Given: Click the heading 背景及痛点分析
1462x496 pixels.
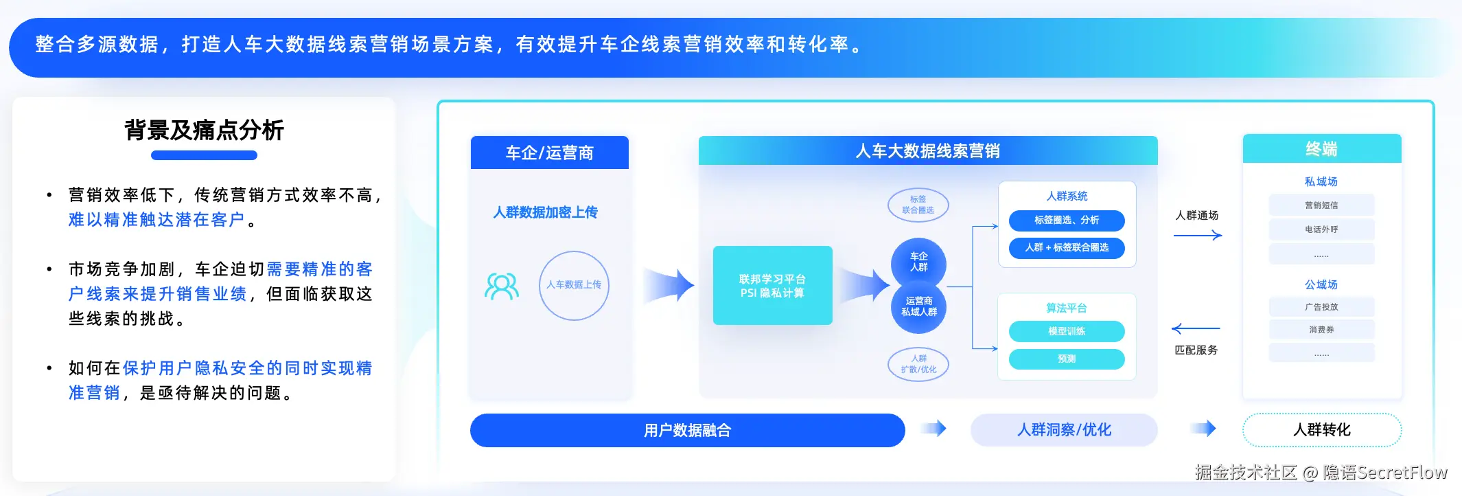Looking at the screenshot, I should point(204,130).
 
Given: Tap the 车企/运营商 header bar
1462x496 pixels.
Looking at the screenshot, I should point(549,153).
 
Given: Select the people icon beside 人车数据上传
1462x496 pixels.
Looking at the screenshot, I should point(502,286).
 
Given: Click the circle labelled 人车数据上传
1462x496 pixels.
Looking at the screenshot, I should point(574,285).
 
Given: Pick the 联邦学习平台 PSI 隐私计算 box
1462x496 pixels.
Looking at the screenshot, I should point(772,286).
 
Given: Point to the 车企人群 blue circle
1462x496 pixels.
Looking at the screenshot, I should point(918,262).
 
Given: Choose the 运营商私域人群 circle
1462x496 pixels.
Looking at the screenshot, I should point(918,307).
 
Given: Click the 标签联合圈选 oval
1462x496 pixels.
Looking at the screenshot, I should point(918,205).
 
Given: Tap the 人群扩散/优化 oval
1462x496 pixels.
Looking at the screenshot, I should point(918,364).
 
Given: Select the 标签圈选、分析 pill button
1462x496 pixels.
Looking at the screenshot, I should point(1066,221).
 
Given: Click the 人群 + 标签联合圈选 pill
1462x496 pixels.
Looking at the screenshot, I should point(1066,247).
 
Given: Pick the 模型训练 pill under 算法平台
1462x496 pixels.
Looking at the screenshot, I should point(1066,331).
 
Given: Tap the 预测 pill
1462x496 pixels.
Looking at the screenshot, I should point(1066,359).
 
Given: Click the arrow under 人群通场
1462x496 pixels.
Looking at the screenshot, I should point(1197,236).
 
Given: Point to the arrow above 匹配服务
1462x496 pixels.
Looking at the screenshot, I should point(1196,328).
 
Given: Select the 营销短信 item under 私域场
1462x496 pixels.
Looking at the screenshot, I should point(1321,205).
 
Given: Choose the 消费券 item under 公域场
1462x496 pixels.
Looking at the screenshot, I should point(1321,330).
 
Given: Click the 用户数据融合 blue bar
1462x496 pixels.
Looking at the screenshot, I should point(687,430).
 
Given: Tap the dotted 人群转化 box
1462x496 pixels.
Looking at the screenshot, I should point(1321,430).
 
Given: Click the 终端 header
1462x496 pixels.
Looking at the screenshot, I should point(1321,149).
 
